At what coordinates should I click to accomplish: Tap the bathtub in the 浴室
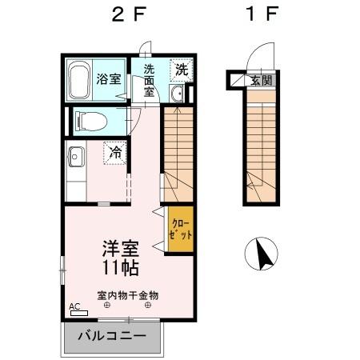(x=79, y=80)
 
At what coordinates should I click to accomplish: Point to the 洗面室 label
(x=150, y=80)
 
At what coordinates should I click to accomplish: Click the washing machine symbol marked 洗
(x=182, y=70)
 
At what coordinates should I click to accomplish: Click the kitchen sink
(x=75, y=156)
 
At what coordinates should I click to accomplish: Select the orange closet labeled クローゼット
(x=180, y=230)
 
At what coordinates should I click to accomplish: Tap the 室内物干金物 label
(x=128, y=294)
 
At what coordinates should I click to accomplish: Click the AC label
(x=74, y=306)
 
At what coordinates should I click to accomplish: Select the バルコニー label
(x=112, y=336)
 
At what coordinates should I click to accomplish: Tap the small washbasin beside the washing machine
(x=178, y=94)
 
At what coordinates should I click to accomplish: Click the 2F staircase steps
(x=178, y=152)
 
